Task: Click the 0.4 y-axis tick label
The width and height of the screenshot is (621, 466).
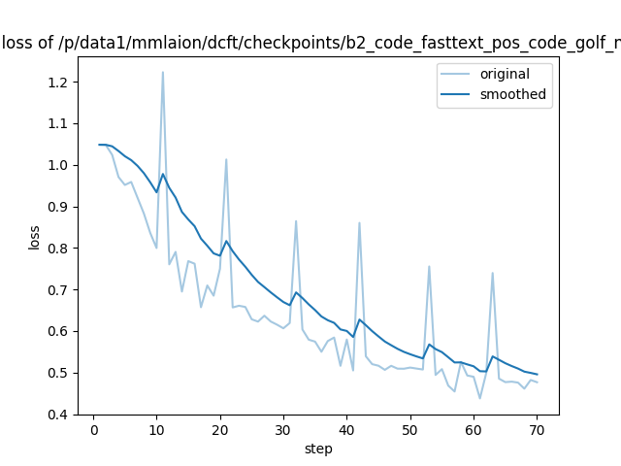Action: [x=57, y=415]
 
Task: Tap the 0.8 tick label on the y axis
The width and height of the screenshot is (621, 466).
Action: [x=57, y=249]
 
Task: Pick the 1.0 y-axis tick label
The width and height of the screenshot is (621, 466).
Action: [x=57, y=165]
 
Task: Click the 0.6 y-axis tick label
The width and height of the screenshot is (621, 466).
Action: [x=57, y=332]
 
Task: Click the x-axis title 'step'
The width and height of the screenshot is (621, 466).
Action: [x=318, y=449]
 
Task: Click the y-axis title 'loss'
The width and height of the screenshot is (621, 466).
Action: [x=34, y=237]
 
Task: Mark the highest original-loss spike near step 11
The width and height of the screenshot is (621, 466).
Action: [x=163, y=72]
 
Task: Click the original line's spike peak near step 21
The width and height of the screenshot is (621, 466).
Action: [x=226, y=159]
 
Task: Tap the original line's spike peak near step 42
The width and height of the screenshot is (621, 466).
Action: [x=359, y=222]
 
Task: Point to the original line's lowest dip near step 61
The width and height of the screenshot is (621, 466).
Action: [x=479, y=398]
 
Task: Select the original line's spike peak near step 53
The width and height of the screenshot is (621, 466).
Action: [x=429, y=266]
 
